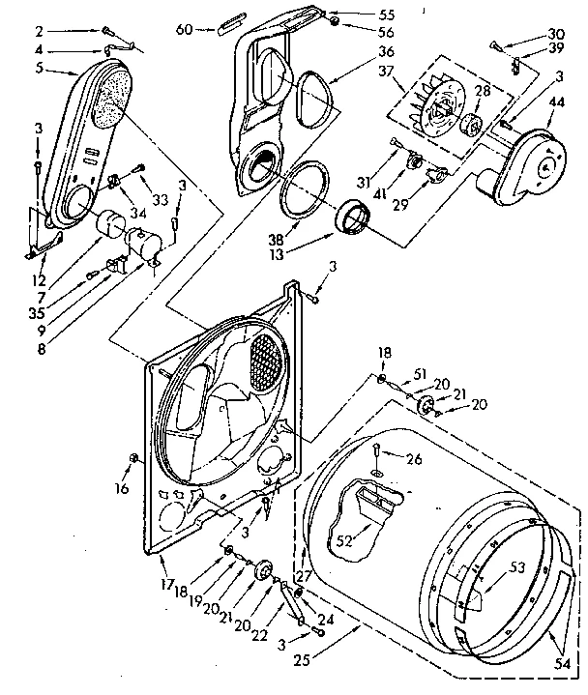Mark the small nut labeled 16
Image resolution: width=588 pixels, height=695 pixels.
(x=133, y=457)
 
